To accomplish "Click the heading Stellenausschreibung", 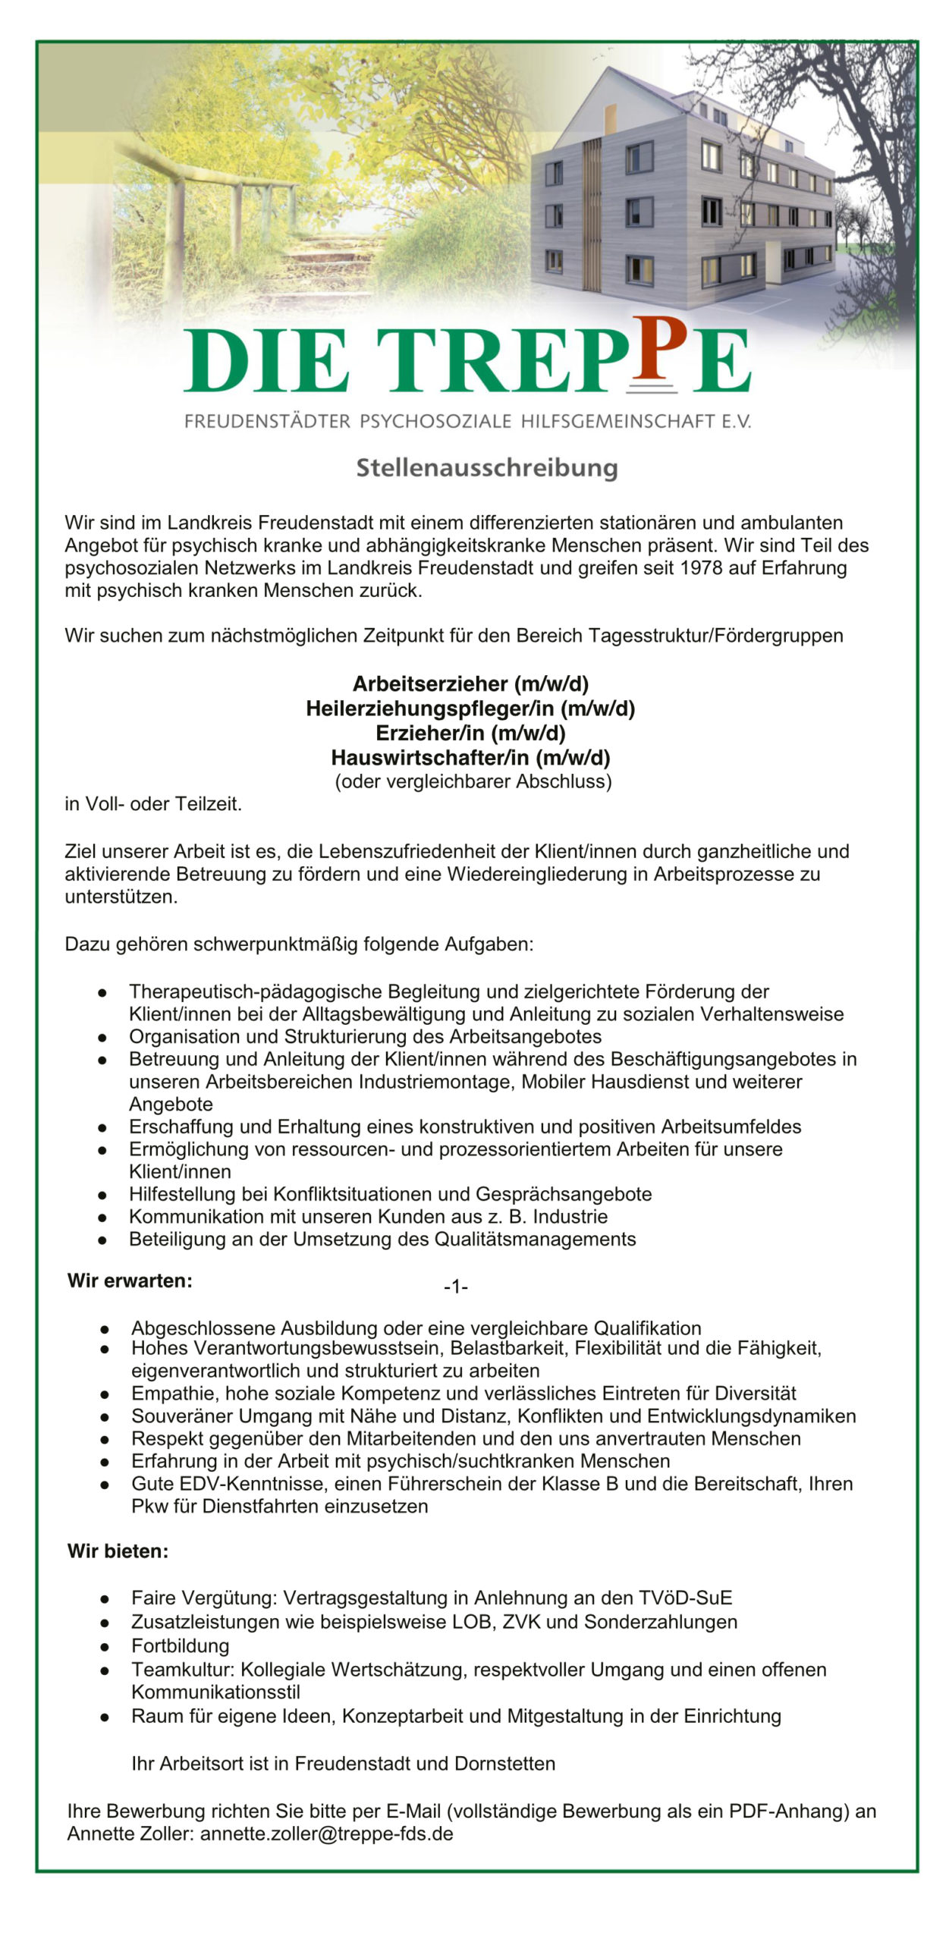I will (487, 467).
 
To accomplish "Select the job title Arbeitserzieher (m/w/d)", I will (470, 684).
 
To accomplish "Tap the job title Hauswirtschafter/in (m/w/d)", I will (470, 757).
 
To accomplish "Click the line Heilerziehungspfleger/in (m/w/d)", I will (470, 709).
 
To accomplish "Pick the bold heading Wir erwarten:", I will (130, 1281).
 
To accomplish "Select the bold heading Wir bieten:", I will (118, 1551).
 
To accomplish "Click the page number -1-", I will (456, 1287).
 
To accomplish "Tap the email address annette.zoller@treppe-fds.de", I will (327, 1834).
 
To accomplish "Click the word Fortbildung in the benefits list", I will (181, 1646).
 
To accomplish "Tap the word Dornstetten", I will (504, 1764).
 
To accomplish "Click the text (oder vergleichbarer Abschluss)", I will (473, 781).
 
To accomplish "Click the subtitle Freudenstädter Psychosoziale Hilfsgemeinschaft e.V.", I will (467, 421).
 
